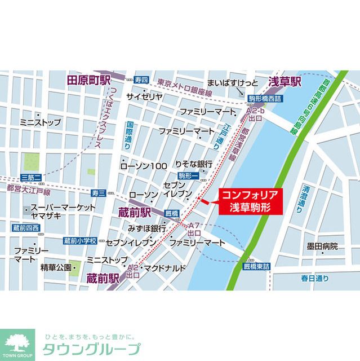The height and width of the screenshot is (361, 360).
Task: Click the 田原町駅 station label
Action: coord(88,81)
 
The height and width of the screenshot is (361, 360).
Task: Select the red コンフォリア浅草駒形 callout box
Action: coord(250,200)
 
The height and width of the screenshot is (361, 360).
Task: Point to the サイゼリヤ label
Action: coord(144,96)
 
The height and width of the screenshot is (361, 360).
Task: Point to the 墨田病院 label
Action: coord(322,246)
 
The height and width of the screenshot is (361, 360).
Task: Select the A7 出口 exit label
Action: coord(195,228)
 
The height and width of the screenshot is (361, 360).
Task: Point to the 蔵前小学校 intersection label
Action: coord(79,241)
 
